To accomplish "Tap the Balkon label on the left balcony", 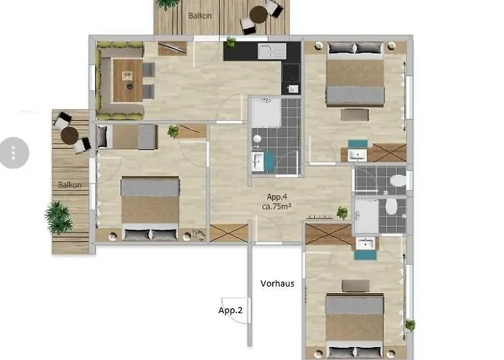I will pos(70,185).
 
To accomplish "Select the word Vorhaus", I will pos(277,284).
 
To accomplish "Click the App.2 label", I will pos(230,310).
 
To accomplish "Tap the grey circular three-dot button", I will pos(14,152).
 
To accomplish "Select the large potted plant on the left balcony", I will pos(59,215).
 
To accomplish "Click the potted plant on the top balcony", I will pos(168,4).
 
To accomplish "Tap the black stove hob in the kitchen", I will pos(291,72).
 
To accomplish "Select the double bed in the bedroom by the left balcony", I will pos(150,207).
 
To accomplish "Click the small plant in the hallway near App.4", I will pos(342,212).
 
